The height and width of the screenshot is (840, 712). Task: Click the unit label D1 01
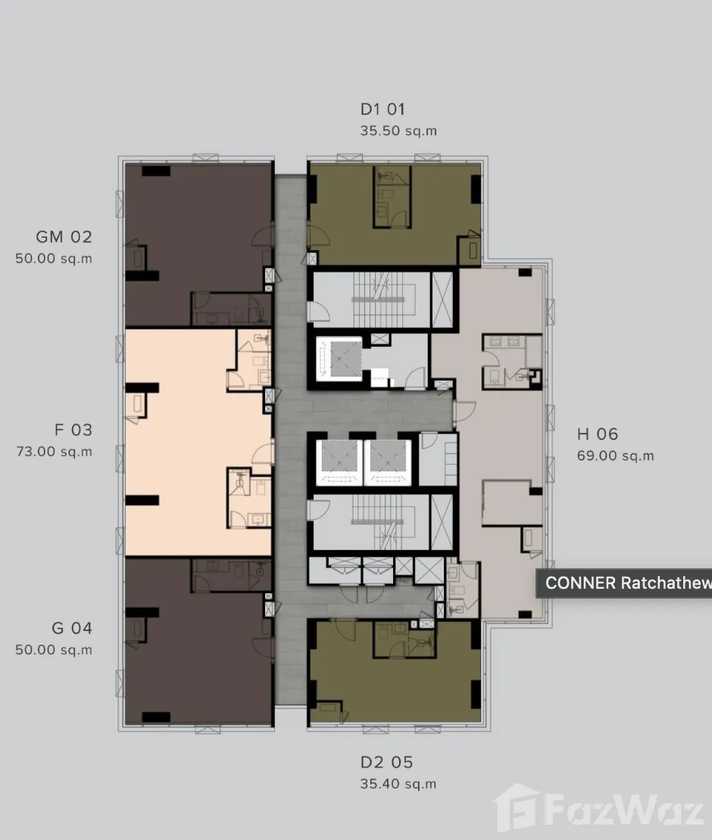[x=383, y=109]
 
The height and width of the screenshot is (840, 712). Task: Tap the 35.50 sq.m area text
[x=398, y=131]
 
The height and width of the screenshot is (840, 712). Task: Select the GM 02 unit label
[x=64, y=237]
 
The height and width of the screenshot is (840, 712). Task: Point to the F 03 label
[x=73, y=430]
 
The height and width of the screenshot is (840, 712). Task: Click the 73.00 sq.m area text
[x=54, y=452]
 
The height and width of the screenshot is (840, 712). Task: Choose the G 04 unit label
[x=72, y=628]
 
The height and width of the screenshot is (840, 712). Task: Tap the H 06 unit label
[x=598, y=434]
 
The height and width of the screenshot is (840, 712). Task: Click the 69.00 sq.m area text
[x=616, y=456]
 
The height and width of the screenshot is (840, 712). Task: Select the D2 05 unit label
[x=386, y=762]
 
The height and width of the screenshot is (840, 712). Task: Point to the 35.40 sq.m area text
[x=398, y=784]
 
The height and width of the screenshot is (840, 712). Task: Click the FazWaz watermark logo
[x=598, y=810]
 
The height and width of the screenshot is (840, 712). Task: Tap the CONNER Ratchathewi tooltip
[x=624, y=583]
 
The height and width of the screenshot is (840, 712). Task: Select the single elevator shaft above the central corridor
[x=339, y=359]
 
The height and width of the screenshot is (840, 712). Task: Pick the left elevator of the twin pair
[x=338, y=462]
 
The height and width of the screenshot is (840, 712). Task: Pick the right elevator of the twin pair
[x=388, y=462]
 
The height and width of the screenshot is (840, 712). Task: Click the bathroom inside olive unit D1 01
[x=392, y=196]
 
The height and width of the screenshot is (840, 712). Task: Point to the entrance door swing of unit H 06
[x=464, y=412]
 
